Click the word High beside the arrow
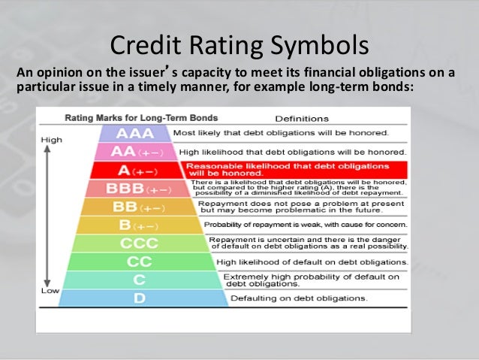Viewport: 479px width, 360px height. pos(52,140)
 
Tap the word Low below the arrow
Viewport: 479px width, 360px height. pos(50,290)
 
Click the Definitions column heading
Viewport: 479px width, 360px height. pos(302,119)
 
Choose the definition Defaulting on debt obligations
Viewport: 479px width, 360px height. pos(299,298)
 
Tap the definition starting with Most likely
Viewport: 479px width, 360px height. pos(281,133)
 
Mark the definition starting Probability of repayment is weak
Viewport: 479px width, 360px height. pos(306,225)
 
